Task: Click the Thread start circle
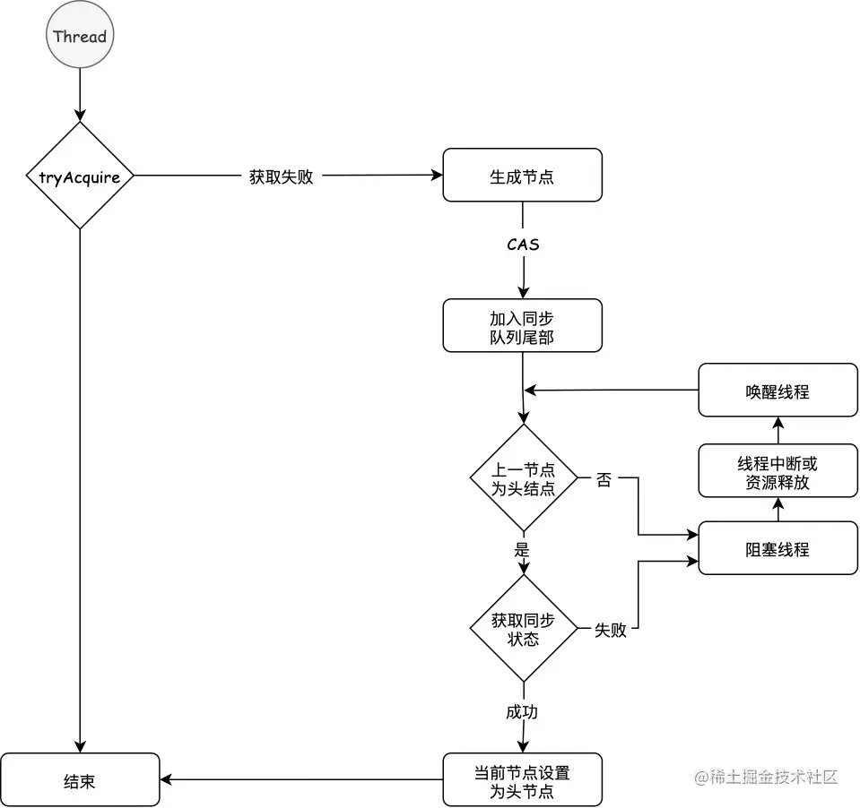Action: tap(80, 37)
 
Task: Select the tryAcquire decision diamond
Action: tap(80, 176)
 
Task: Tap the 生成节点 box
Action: tap(522, 176)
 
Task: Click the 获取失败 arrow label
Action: tap(281, 176)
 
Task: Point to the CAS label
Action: tap(523, 244)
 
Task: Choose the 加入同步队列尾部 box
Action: tap(522, 325)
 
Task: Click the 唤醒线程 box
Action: tap(777, 390)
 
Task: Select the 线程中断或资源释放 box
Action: tap(777, 472)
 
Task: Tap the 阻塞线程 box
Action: tap(777, 548)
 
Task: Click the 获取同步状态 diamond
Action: tap(524, 629)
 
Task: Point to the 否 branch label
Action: tap(604, 479)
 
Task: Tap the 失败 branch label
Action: tap(610, 630)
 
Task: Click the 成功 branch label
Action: tap(523, 712)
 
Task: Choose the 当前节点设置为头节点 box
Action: tap(522, 780)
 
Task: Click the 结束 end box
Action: tap(80, 780)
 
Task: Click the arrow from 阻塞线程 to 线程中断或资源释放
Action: tap(777, 511)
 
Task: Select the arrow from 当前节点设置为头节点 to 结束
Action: tap(301, 780)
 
